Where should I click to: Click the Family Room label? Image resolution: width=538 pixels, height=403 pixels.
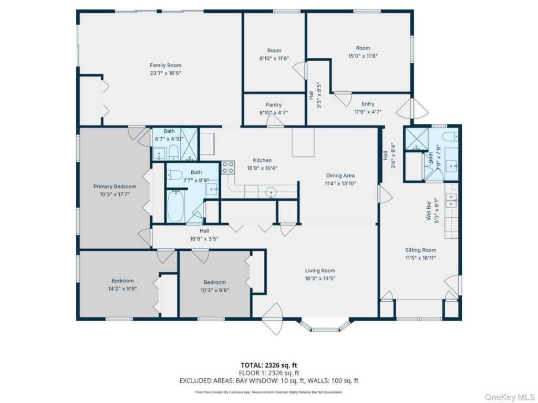click(165, 65)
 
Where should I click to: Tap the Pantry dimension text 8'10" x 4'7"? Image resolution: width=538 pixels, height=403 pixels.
click(273, 112)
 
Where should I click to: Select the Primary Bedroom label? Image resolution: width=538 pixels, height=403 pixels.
click(115, 186)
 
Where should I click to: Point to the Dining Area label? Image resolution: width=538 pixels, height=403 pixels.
click(340, 175)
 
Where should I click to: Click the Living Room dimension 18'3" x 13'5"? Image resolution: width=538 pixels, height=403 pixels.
click(320, 278)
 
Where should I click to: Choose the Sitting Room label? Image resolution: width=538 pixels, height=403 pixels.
click(421, 250)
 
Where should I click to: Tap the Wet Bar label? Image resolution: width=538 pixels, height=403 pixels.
click(429, 210)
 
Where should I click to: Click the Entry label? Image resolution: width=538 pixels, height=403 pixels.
click(368, 104)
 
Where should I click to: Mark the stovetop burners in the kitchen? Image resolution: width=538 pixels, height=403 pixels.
click(228, 167)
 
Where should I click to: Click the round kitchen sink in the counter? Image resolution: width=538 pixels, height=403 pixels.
click(271, 192)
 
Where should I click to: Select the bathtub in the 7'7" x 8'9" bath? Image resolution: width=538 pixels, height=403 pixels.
click(176, 206)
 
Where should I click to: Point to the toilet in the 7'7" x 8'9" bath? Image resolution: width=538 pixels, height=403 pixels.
click(174, 175)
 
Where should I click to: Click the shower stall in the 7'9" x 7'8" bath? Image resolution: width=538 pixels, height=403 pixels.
click(417, 140)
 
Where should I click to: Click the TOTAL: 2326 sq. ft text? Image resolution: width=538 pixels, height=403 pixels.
click(268, 365)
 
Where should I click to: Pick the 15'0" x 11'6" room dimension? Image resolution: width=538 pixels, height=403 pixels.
click(363, 56)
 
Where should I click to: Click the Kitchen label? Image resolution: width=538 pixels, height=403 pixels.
click(262, 160)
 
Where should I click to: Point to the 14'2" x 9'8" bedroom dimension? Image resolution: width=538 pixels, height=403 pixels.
click(122, 289)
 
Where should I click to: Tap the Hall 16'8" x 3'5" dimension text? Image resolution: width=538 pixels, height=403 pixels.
click(204, 239)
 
